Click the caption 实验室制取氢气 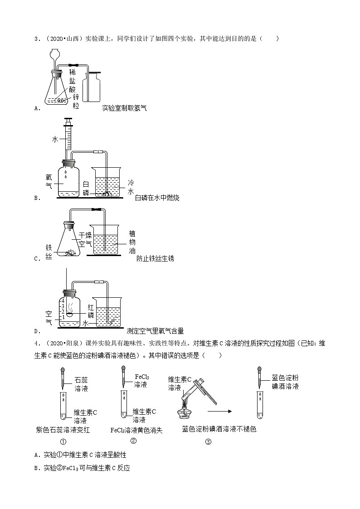click(125, 108)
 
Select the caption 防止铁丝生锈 click(155, 258)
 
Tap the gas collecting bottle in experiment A click(93, 87)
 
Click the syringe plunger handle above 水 click(68, 121)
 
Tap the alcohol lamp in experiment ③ click(185, 410)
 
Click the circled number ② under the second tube click(133, 441)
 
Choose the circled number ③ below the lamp click(208, 443)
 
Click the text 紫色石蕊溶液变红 click(63, 430)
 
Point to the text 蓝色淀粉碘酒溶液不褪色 click(219, 429)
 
